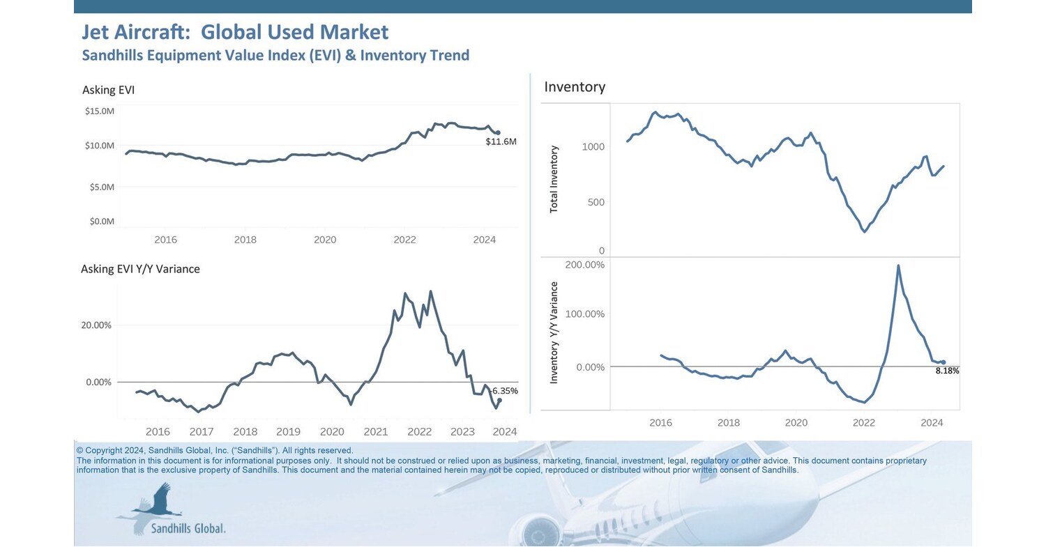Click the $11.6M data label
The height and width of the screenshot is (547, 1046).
pos(501,142)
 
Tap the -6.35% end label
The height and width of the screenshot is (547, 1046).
pos(504,391)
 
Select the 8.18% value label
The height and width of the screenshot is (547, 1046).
pos(947,371)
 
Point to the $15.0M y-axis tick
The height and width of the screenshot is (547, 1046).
pos(99,111)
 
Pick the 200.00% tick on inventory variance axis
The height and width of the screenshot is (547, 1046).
pos(584,265)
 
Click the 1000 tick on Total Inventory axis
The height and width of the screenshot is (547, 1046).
pos(593,147)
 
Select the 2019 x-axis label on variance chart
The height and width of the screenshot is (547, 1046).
pos(288,432)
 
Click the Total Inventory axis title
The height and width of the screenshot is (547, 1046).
pos(554,179)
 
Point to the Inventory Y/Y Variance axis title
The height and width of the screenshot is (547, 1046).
pos(554,332)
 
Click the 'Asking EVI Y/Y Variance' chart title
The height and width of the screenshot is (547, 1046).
pos(140,269)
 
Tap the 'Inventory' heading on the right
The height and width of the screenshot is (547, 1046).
pos(575,87)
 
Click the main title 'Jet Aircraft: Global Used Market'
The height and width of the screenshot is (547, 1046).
pos(235,32)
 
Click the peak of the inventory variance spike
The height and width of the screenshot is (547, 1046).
pos(898,265)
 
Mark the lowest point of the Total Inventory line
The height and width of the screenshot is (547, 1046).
pos(865,231)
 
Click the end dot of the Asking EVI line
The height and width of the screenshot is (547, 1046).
pos(498,132)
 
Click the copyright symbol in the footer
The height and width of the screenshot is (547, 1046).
pos(79,451)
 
